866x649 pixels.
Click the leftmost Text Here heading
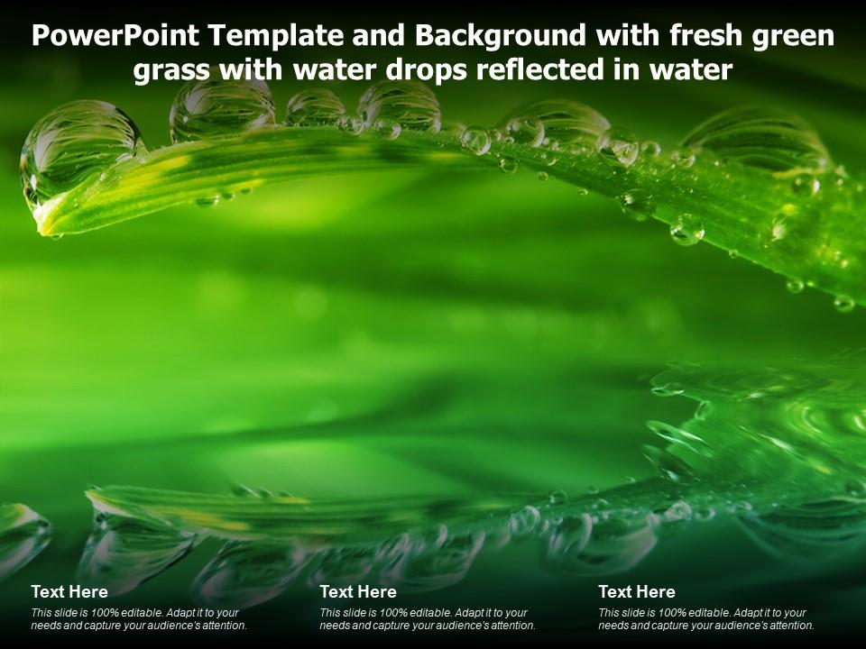[69, 592]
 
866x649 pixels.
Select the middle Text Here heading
[358, 592]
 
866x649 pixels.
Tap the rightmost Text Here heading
[637, 592]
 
